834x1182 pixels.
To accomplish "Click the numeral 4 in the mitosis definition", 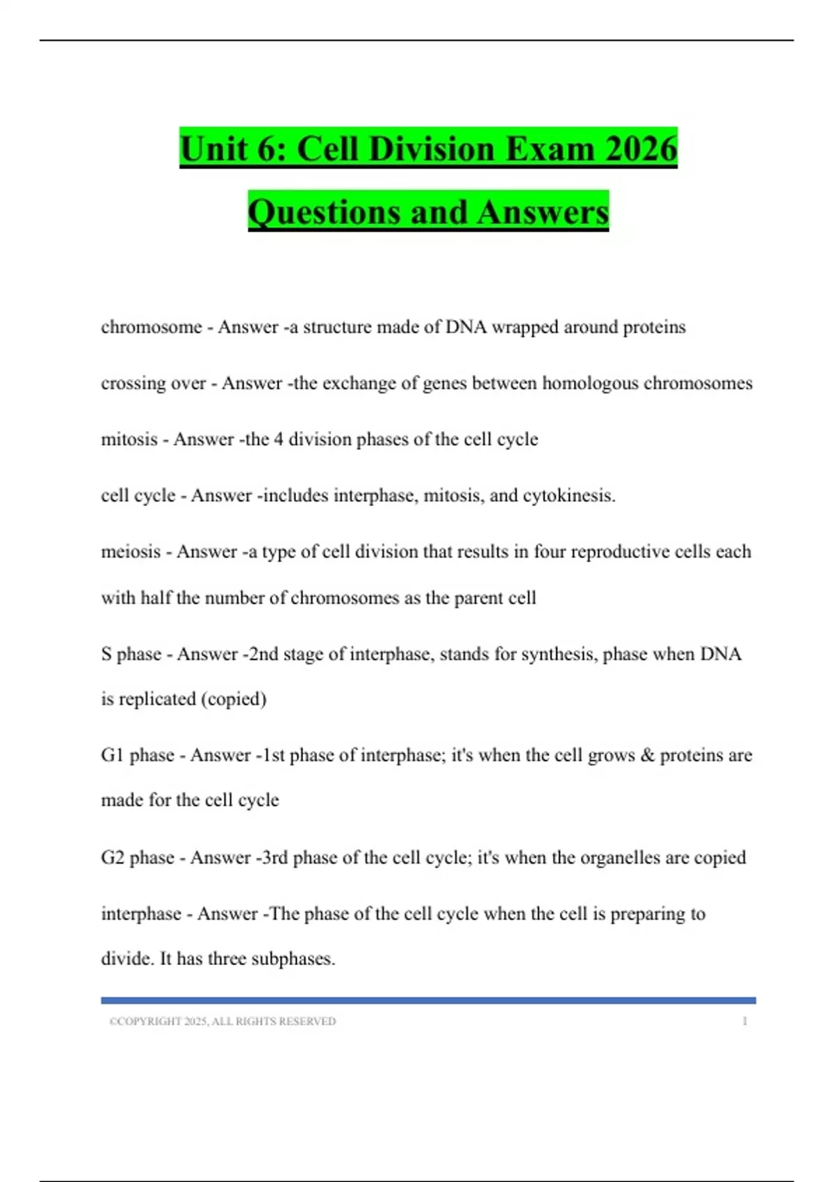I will point(278,439).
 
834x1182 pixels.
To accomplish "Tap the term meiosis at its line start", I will point(130,551).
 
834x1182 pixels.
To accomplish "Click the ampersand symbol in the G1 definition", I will point(647,755).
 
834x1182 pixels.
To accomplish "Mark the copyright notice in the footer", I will point(222,1021).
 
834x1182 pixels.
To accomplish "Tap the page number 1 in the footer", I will point(744,1021).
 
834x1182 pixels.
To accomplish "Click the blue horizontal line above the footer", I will point(428,1001).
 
